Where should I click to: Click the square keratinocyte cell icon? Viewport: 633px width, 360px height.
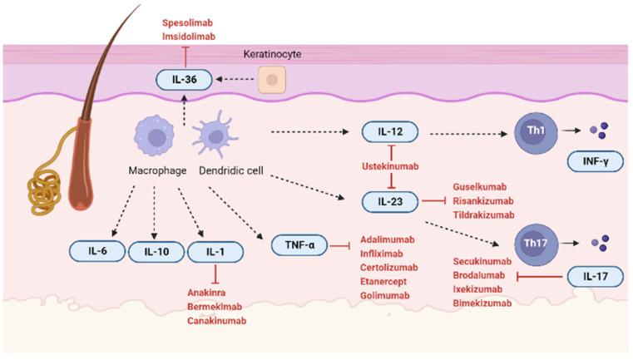pyautogui.click(x=270, y=80)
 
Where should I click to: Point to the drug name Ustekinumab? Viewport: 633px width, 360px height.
pyautogui.click(x=392, y=165)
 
